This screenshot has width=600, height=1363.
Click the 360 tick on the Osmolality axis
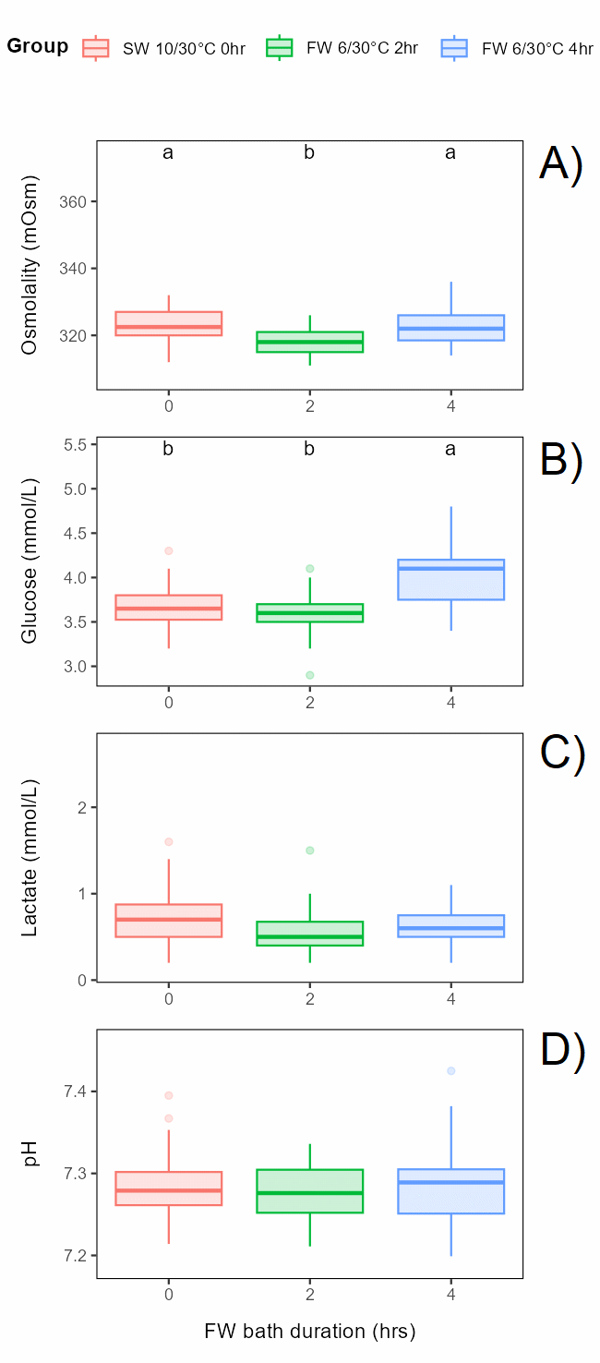pos(80,202)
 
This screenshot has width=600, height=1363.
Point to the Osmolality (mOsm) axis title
pos(30,264)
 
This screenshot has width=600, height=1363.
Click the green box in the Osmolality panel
pos(309,342)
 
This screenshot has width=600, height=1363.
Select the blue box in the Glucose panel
pos(450,580)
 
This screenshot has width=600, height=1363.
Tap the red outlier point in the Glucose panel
pos(168,551)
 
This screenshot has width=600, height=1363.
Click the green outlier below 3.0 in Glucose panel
pos(309,675)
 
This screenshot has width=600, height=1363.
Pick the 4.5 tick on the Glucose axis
pos(80,534)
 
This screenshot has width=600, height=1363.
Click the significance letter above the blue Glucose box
pos(450,450)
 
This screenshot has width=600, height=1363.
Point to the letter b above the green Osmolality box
pos(309,153)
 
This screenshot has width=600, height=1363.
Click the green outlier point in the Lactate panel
pos(309,850)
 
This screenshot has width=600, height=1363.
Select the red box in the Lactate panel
pos(168,921)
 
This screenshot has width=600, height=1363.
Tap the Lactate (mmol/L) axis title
pos(30,858)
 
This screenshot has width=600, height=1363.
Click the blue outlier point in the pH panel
pos(450,1071)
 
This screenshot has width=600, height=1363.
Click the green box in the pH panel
pos(309,1191)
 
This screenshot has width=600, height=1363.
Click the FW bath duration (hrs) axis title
pos(309,1332)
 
